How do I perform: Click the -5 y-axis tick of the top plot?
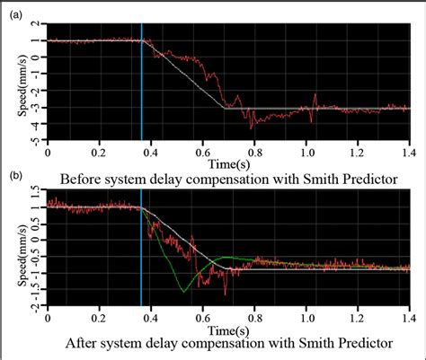pos(36,140)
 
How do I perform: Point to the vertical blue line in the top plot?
pos(142,81)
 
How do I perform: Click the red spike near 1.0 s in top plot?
pos(314,95)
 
